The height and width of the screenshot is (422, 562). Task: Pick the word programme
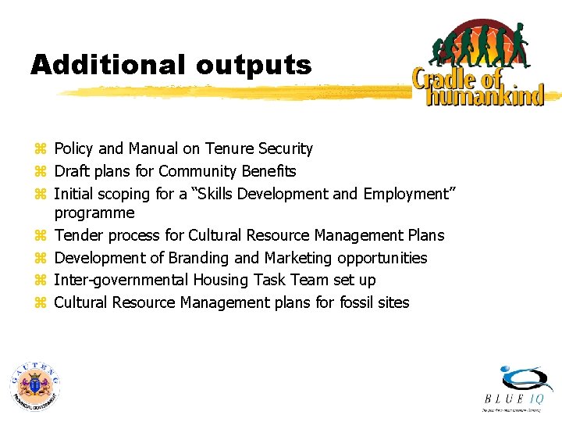pos(94,213)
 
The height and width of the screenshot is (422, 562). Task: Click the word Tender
pos(79,235)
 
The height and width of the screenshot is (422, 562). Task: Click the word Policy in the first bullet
pos(74,148)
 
